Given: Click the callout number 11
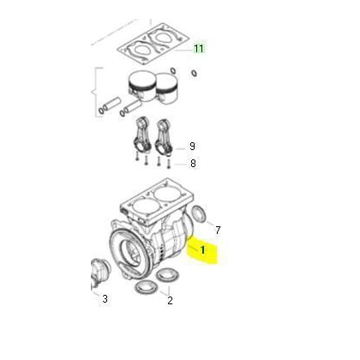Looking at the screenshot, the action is pos(199,49).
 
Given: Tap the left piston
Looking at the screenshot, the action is pos(141,86).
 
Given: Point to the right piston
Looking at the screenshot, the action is pos(167,88).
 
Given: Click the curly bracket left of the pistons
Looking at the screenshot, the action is pos(96,92).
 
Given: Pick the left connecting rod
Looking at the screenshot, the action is pos(142,135).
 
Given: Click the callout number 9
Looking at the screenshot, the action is pos(192,147).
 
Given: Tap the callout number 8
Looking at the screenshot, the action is pos(193,164).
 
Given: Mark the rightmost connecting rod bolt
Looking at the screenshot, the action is pos(169,163).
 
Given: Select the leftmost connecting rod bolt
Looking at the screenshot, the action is pos(137,156).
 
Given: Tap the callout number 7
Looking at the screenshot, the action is pos(218,230).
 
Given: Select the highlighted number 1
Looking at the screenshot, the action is pos(202,250).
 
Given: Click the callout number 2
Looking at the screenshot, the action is pos(170,300).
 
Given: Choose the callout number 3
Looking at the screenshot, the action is pos(105,299).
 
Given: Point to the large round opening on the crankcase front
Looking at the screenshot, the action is pos(130,252).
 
